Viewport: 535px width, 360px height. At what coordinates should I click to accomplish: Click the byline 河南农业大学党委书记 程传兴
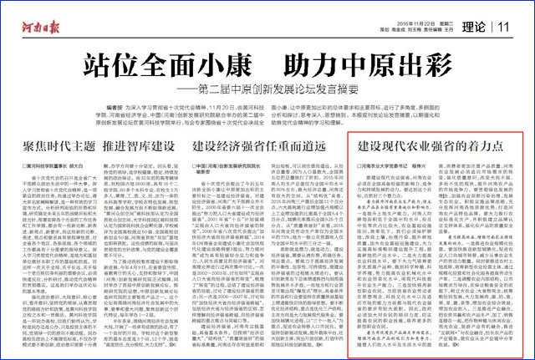click(x=392, y=165)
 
